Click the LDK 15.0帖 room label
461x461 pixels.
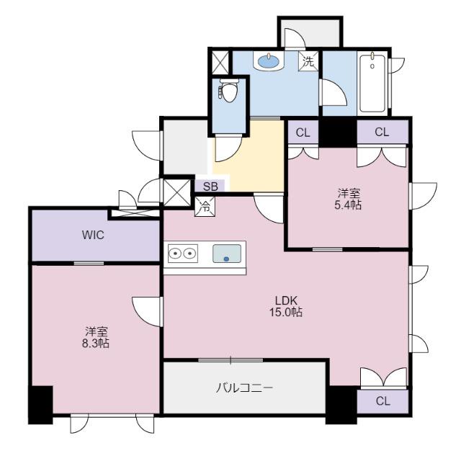click(x=286, y=306)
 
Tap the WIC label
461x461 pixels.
click(x=93, y=236)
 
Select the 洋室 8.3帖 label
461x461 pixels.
click(x=96, y=337)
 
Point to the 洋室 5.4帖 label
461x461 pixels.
click(x=349, y=199)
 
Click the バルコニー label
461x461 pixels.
click(x=245, y=388)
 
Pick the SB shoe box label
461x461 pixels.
click(x=210, y=187)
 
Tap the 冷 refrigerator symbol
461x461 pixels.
click(x=205, y=207)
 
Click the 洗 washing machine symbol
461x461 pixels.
click(x=309, y=61)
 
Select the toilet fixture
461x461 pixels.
click(x=228, y=90)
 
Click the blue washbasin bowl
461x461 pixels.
click(x=268, y=61)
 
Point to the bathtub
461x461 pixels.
click(x=372, y=83)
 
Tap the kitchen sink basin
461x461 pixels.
click(x=227, y=254)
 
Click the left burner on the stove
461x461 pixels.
click(x=175, y=253)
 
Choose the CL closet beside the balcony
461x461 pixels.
click(x=382, y=401)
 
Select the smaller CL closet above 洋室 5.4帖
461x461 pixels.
click(x=303, y=132)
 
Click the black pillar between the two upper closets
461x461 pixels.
click(x=338, y=133)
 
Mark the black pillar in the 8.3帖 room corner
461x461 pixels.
click(x=40, y=405)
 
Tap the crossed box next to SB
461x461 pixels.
click(x=177, y=192)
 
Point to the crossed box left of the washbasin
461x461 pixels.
click(x=220, y=63)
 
